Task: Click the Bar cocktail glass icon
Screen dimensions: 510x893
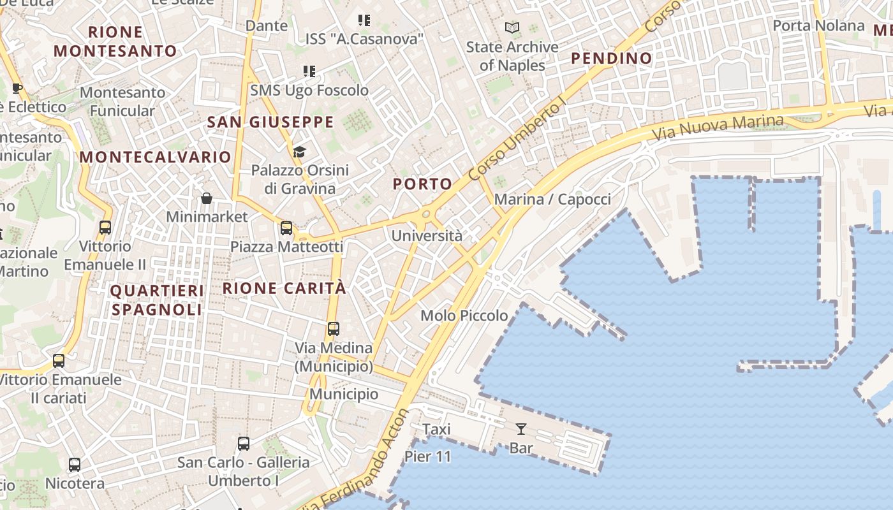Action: pyautogui.click(x=521, y=429)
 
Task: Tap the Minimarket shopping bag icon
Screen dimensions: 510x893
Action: pyautogui.click(x=207, y=198)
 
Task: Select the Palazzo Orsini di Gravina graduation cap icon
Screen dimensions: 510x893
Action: pyautogui.click(x=299, y=152)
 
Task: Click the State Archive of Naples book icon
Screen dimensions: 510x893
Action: pyautogui.click(x=512, y=28)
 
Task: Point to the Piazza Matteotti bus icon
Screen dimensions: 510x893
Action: pyautogui.click(x=286, y=228)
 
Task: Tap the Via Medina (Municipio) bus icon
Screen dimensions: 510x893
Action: pyautogui.click(x=334, y=329)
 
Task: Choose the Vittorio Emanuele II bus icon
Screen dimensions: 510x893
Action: pyautogui.click(x=105, y=228)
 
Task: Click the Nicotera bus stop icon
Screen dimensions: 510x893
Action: pyautogui.click(x=75, y=465)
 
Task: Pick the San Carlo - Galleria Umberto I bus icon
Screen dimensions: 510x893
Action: pyautogui.click(x=243, y=444)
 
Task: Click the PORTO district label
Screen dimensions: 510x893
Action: pyautogui.click(x=422, y=184)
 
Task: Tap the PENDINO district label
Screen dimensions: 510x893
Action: pyautogui.click(x=612, y=59)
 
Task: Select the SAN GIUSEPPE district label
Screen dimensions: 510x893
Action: pyautogui.click(x=270, y=122)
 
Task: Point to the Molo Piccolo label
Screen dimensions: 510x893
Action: pyautogui.click(x=464, y=316)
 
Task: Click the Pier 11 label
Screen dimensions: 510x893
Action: pyautogui.click(x=427, y=456)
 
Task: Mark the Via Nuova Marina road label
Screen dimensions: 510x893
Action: pyautogui.click(x=718, y=127)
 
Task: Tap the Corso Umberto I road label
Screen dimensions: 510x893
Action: pyautogui.click(x=517, y=141)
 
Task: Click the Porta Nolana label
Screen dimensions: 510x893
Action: pyautogui.click(x=818, y=25)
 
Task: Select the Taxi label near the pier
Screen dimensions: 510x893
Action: pyautogui.click(x=437, y=430)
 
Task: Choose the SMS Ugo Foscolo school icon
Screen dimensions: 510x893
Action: pyautogui.click(x=309, y=71)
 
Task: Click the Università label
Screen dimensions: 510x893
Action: pyautogui.click(x=427, y=236)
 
